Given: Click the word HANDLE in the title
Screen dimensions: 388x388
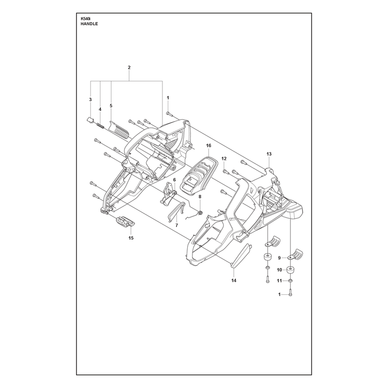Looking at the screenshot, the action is (89, 24).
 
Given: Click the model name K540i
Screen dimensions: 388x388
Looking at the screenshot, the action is (84, 18).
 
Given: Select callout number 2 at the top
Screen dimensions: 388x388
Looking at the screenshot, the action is (129, 67).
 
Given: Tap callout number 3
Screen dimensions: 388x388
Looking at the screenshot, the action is (90, 99).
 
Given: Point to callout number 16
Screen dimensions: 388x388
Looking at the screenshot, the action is (209, 145).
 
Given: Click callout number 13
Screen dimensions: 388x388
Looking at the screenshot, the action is (269, 154).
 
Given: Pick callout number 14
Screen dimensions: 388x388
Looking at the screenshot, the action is (234, 280).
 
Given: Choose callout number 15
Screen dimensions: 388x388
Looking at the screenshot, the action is (131, 238).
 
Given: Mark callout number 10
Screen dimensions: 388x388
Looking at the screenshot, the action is (279, 270).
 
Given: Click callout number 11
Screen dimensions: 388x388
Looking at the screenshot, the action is (279, 281).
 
